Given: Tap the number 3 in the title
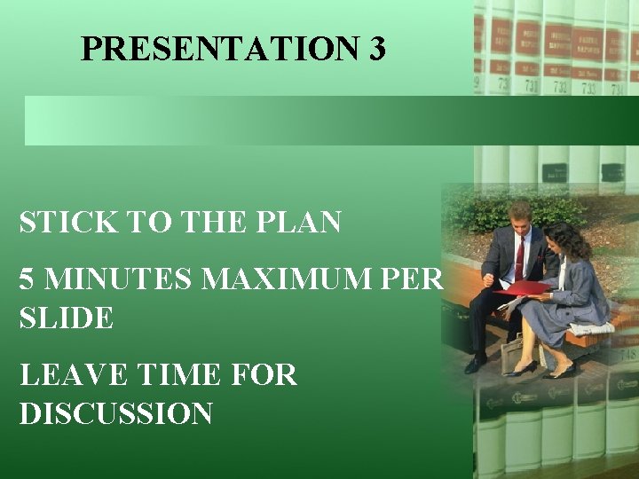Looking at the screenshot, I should [x=375, y=49].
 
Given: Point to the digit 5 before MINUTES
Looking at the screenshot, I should [x=28, y=279].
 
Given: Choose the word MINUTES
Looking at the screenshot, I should [x=120, y=279].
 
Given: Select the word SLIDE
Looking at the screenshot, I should [x=67, y=318].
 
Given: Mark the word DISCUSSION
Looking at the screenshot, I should [x=115, y=413].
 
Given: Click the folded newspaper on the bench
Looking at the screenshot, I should [x=592, y=328].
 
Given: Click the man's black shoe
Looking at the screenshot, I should [x=476, y=364].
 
